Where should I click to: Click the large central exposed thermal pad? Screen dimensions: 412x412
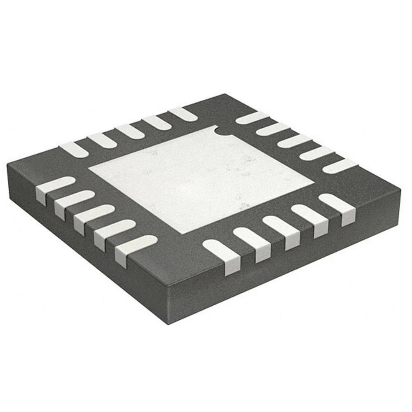point(202,177)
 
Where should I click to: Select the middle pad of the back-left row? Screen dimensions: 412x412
point(129,131)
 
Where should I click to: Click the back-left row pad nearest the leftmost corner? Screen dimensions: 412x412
point(75,148)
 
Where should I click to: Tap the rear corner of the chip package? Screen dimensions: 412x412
point(224,94)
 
